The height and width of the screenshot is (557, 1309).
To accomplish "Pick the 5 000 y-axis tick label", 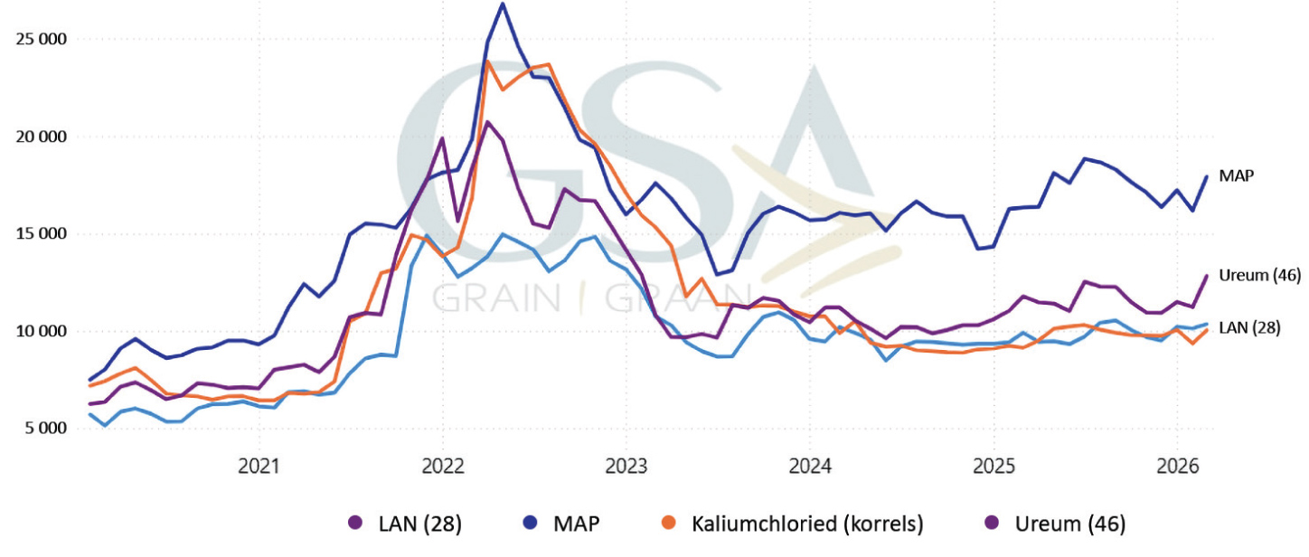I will pos(44,428).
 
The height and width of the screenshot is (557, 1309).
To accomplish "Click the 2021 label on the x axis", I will pos(259,467).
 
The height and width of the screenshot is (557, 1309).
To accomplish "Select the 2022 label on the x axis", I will pos(442,467).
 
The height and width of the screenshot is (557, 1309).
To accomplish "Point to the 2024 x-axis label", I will pos(810,467).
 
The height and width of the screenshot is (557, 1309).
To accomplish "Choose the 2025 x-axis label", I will pos(994,467).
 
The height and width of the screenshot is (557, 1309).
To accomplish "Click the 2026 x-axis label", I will pos(1177,467).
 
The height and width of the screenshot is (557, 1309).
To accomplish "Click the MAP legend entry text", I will pos(574,523).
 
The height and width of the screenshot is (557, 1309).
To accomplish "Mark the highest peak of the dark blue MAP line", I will pos(503,4).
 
